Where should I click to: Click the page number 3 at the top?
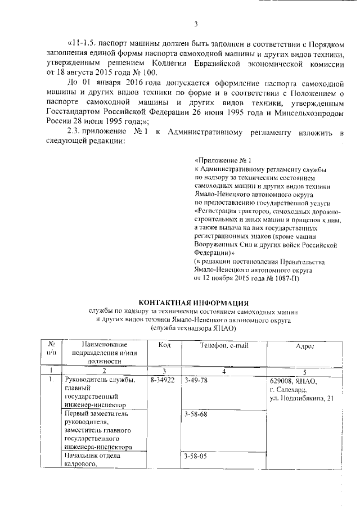click(x=196, y=24)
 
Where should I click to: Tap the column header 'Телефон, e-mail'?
click(x=224, y=345)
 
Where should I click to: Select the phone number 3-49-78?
click(x=196, y=381)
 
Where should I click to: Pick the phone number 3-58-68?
click(x=196, y=415)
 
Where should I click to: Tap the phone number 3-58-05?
click(x=196, y=456)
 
